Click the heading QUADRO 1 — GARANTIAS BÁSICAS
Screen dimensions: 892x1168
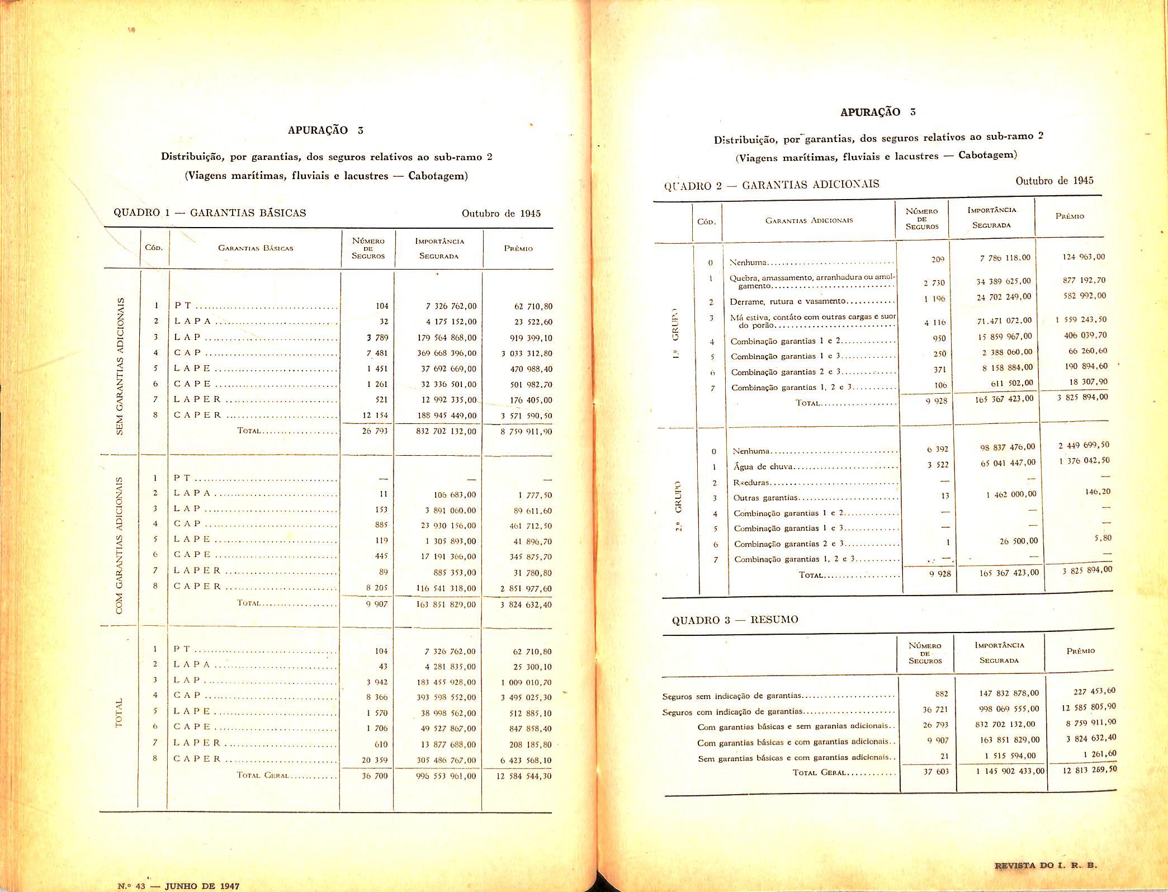[210, 213]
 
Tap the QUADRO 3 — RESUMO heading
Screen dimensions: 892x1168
[735, 620]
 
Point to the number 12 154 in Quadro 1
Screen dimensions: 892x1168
[375, 416]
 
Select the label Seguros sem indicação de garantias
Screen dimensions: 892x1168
[732, 696]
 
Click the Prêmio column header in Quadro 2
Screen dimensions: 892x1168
[1069, 216]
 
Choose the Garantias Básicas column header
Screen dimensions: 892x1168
[256, 248]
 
